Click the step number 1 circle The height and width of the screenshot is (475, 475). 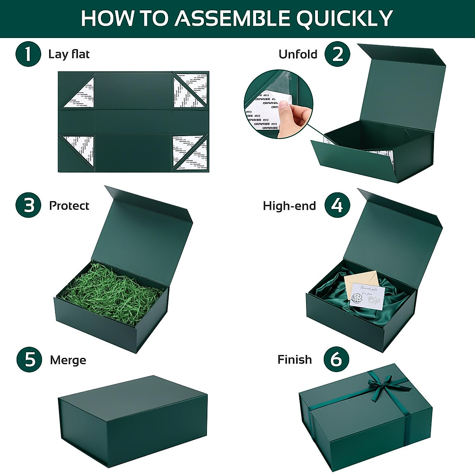point(28,54)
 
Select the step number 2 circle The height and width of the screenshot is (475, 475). point(337,54)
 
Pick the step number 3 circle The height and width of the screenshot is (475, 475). point(28,205)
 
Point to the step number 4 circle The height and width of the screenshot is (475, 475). point(337,205)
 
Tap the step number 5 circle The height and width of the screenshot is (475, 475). point(29,359)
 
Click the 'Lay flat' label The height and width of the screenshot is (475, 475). point(69,54)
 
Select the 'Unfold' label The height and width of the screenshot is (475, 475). point(298,54)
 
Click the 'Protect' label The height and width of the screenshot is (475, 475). point(69,205)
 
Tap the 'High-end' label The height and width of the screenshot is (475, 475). point(289,206)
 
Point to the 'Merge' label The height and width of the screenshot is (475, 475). point(68,360)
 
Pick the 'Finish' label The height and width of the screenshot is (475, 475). point(294,359)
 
